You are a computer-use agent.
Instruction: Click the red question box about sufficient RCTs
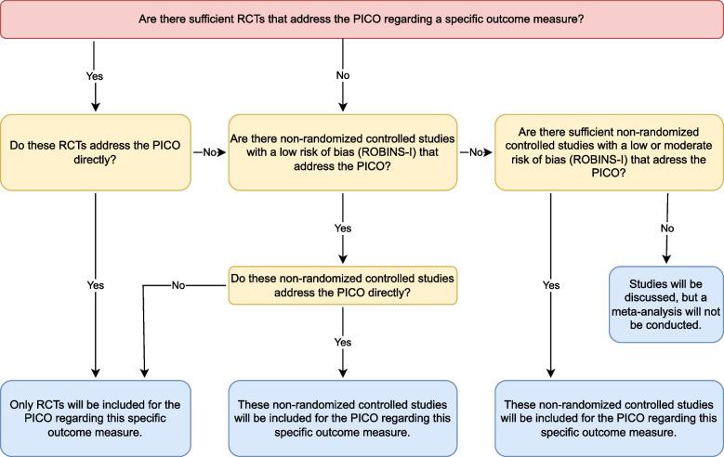(x=362, y=20)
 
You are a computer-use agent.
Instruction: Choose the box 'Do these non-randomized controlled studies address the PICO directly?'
(x=343, y=282)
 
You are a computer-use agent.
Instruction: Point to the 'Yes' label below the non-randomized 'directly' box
(x=343, y=340)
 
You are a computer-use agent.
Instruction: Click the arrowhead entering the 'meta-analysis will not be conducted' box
(x=665, y=261)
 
